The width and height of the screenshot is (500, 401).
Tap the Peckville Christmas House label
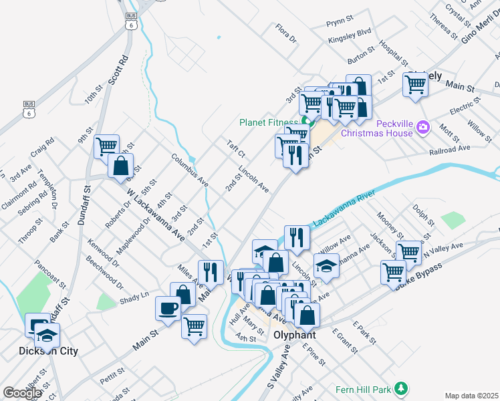378,128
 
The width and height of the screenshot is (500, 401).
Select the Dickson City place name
48,351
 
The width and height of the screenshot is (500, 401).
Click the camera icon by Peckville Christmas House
422,126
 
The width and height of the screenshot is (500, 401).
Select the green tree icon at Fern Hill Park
401,388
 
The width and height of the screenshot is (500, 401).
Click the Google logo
22,393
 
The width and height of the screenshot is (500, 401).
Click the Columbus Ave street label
190,170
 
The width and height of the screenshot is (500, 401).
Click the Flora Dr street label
285,32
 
